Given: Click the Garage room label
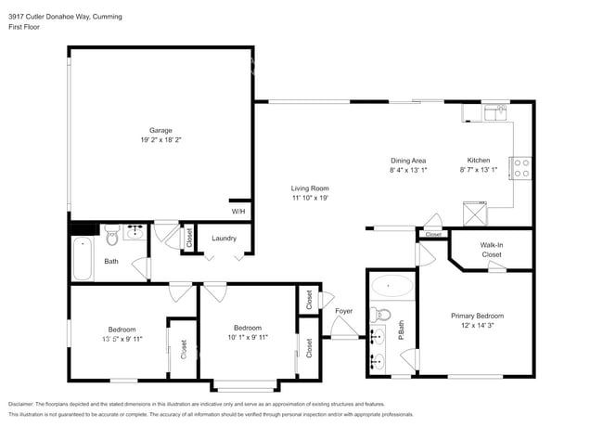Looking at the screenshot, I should [161, 130].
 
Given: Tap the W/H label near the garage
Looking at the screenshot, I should [238, 212].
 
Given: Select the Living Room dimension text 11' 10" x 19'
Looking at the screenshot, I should [311, 198].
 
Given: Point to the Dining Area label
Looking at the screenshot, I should [407, 161].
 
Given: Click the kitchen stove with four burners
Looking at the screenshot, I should [521, 167].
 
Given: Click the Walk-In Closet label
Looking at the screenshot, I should [491, 249].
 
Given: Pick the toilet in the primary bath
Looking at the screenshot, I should [383, 313].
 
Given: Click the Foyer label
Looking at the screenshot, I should [344, 311].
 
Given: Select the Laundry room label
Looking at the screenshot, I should [224, 239].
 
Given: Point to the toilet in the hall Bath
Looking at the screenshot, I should [111, 233].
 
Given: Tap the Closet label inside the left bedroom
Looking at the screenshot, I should [183, 349].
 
